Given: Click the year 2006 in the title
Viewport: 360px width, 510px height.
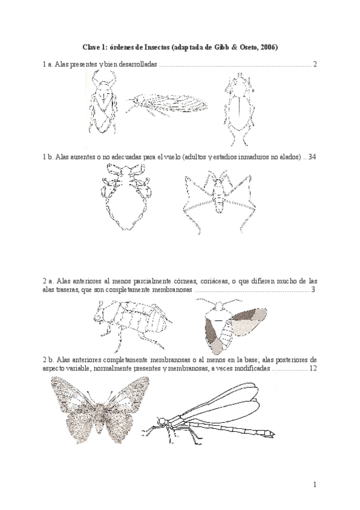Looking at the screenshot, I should click(x=268, y=48).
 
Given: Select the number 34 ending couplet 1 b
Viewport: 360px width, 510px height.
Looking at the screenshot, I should click(x=312, y=157).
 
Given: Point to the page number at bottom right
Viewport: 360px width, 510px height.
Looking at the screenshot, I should click(x=314, y=485).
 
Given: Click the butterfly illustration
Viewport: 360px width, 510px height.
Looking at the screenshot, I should click(x=100, y=409).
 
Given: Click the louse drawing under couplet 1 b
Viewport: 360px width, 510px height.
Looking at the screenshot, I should click(x=124, y=198).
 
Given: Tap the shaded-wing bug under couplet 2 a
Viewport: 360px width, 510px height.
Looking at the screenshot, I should click(x=231, y=324).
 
